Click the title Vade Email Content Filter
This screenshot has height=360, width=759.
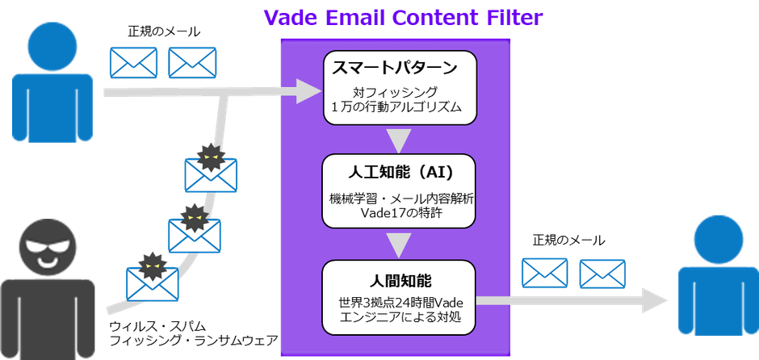click(403, 19)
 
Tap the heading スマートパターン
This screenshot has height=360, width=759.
click(395, 69)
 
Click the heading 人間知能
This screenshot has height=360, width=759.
click(400, 279)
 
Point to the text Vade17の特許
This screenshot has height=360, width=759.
click(400, 214)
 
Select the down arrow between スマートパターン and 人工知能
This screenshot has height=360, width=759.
click(400, 140)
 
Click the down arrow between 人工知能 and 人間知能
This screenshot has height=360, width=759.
click(400, 246)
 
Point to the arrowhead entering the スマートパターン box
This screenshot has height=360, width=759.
click(308, 91)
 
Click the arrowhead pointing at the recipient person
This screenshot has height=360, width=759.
click(655, 300)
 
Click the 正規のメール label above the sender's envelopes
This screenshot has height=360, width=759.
click(163, 32)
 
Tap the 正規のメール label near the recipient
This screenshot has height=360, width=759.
click(568, 240)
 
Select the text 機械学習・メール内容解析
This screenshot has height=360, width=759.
click(400, 199)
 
